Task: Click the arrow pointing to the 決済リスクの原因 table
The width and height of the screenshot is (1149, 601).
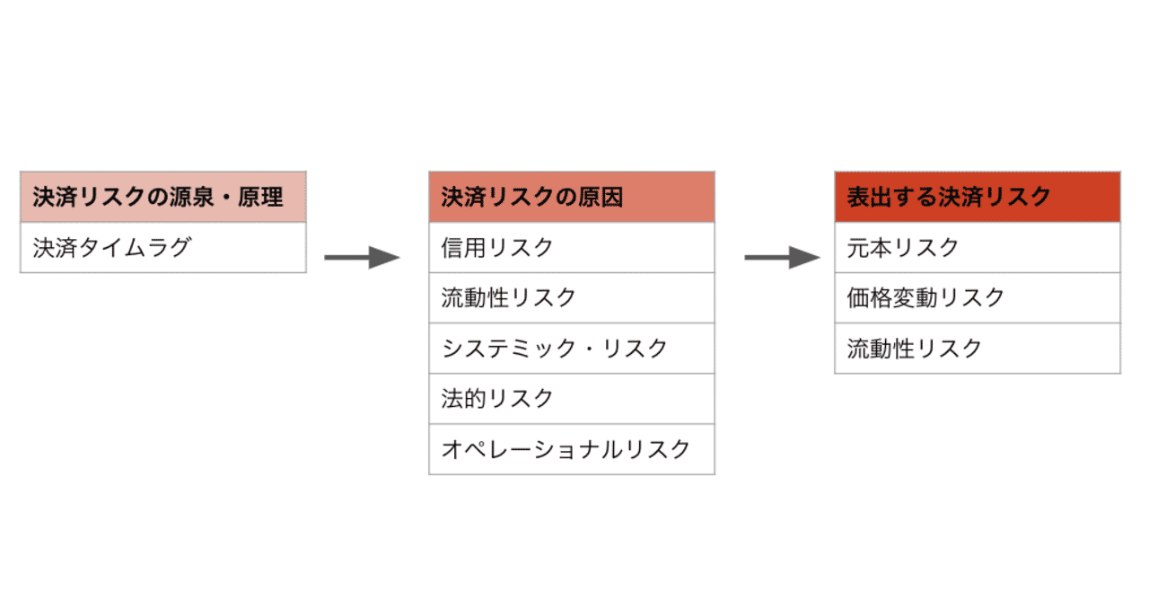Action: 361,258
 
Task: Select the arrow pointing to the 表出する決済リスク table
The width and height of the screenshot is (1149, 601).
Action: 781,258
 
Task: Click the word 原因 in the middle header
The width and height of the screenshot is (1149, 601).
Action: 601,197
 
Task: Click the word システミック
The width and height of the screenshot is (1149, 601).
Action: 509,348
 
